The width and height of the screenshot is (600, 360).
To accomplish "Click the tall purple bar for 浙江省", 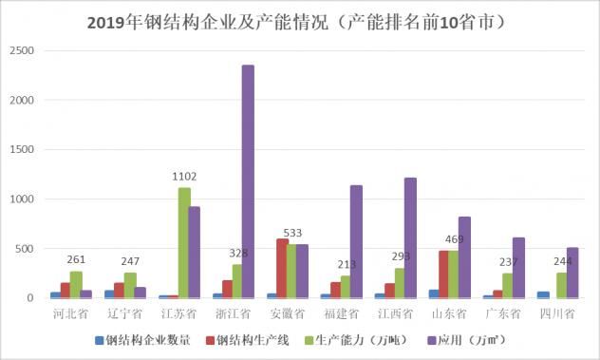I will [x=248, y=181].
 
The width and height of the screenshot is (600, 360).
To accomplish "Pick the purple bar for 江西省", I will [x=410, y=237].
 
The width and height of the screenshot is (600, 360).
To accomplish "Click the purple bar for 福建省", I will [x=356, y=241].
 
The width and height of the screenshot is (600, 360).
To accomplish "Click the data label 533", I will [x=291, y=233].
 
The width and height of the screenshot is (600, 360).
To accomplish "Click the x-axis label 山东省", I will [x=445, y=313].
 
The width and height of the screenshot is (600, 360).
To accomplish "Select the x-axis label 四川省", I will [x=555, y=313].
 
